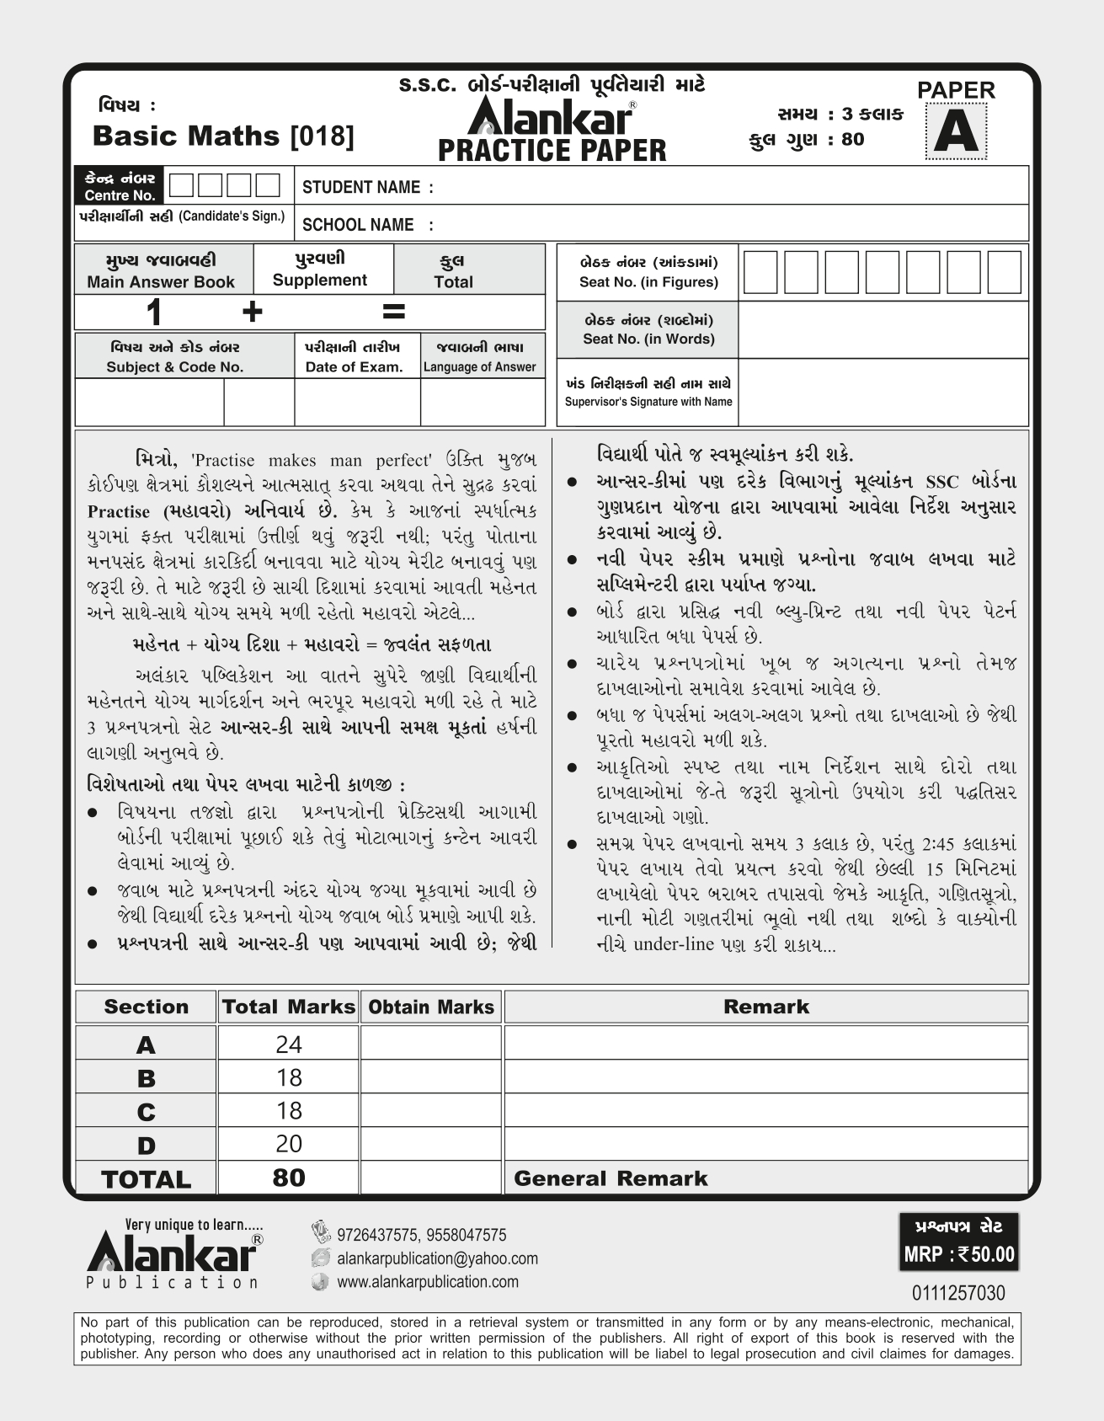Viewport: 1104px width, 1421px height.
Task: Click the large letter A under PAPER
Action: [x=956, y=132]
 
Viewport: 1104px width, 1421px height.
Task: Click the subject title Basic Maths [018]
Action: [x=223, y=136]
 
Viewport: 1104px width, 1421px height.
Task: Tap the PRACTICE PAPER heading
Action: [x=552, y=151]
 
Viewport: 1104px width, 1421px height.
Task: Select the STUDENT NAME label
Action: [x=367, y=187]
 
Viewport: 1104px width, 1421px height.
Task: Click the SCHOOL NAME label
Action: [x=367, y=225]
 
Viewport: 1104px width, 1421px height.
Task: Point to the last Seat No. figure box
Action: [x=1004, y=271]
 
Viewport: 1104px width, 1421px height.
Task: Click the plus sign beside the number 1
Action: [x=252, y=313]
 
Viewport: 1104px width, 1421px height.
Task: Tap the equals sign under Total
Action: [x=393, y=312]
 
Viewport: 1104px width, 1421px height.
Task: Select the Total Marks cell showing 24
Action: [x=288, y=1044]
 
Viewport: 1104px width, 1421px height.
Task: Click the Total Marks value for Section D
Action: [x=288, y=1144]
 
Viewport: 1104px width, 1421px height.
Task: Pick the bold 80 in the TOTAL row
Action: [x=288, y=1178]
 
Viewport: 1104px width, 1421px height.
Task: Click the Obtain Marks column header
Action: [x=431, y=1007]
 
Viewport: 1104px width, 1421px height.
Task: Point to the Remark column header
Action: [x=765, y=1007]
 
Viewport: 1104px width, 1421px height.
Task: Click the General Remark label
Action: [x=611, y=1178]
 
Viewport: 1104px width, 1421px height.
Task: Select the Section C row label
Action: [x=146, y=1112]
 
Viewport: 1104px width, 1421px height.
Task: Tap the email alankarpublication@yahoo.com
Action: [x=436, y=1258]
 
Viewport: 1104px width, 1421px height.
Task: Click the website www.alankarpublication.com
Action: [x=427, y=1282]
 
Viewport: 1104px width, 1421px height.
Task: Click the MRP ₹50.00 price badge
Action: [x=959, y=1254]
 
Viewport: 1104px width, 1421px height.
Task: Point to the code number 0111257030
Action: [x=958, y=1293]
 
